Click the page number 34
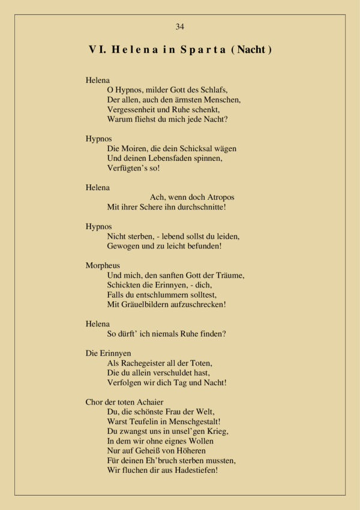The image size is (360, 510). tap(180, 26)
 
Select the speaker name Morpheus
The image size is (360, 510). tap(103, 265)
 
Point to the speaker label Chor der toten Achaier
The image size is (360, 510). tap(125, 402)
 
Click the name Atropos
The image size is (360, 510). tap(217, 197)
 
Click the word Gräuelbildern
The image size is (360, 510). tap(145, 304)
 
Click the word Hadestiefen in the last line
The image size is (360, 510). tap(193, 470)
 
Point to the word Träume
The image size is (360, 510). tap(228, 275)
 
